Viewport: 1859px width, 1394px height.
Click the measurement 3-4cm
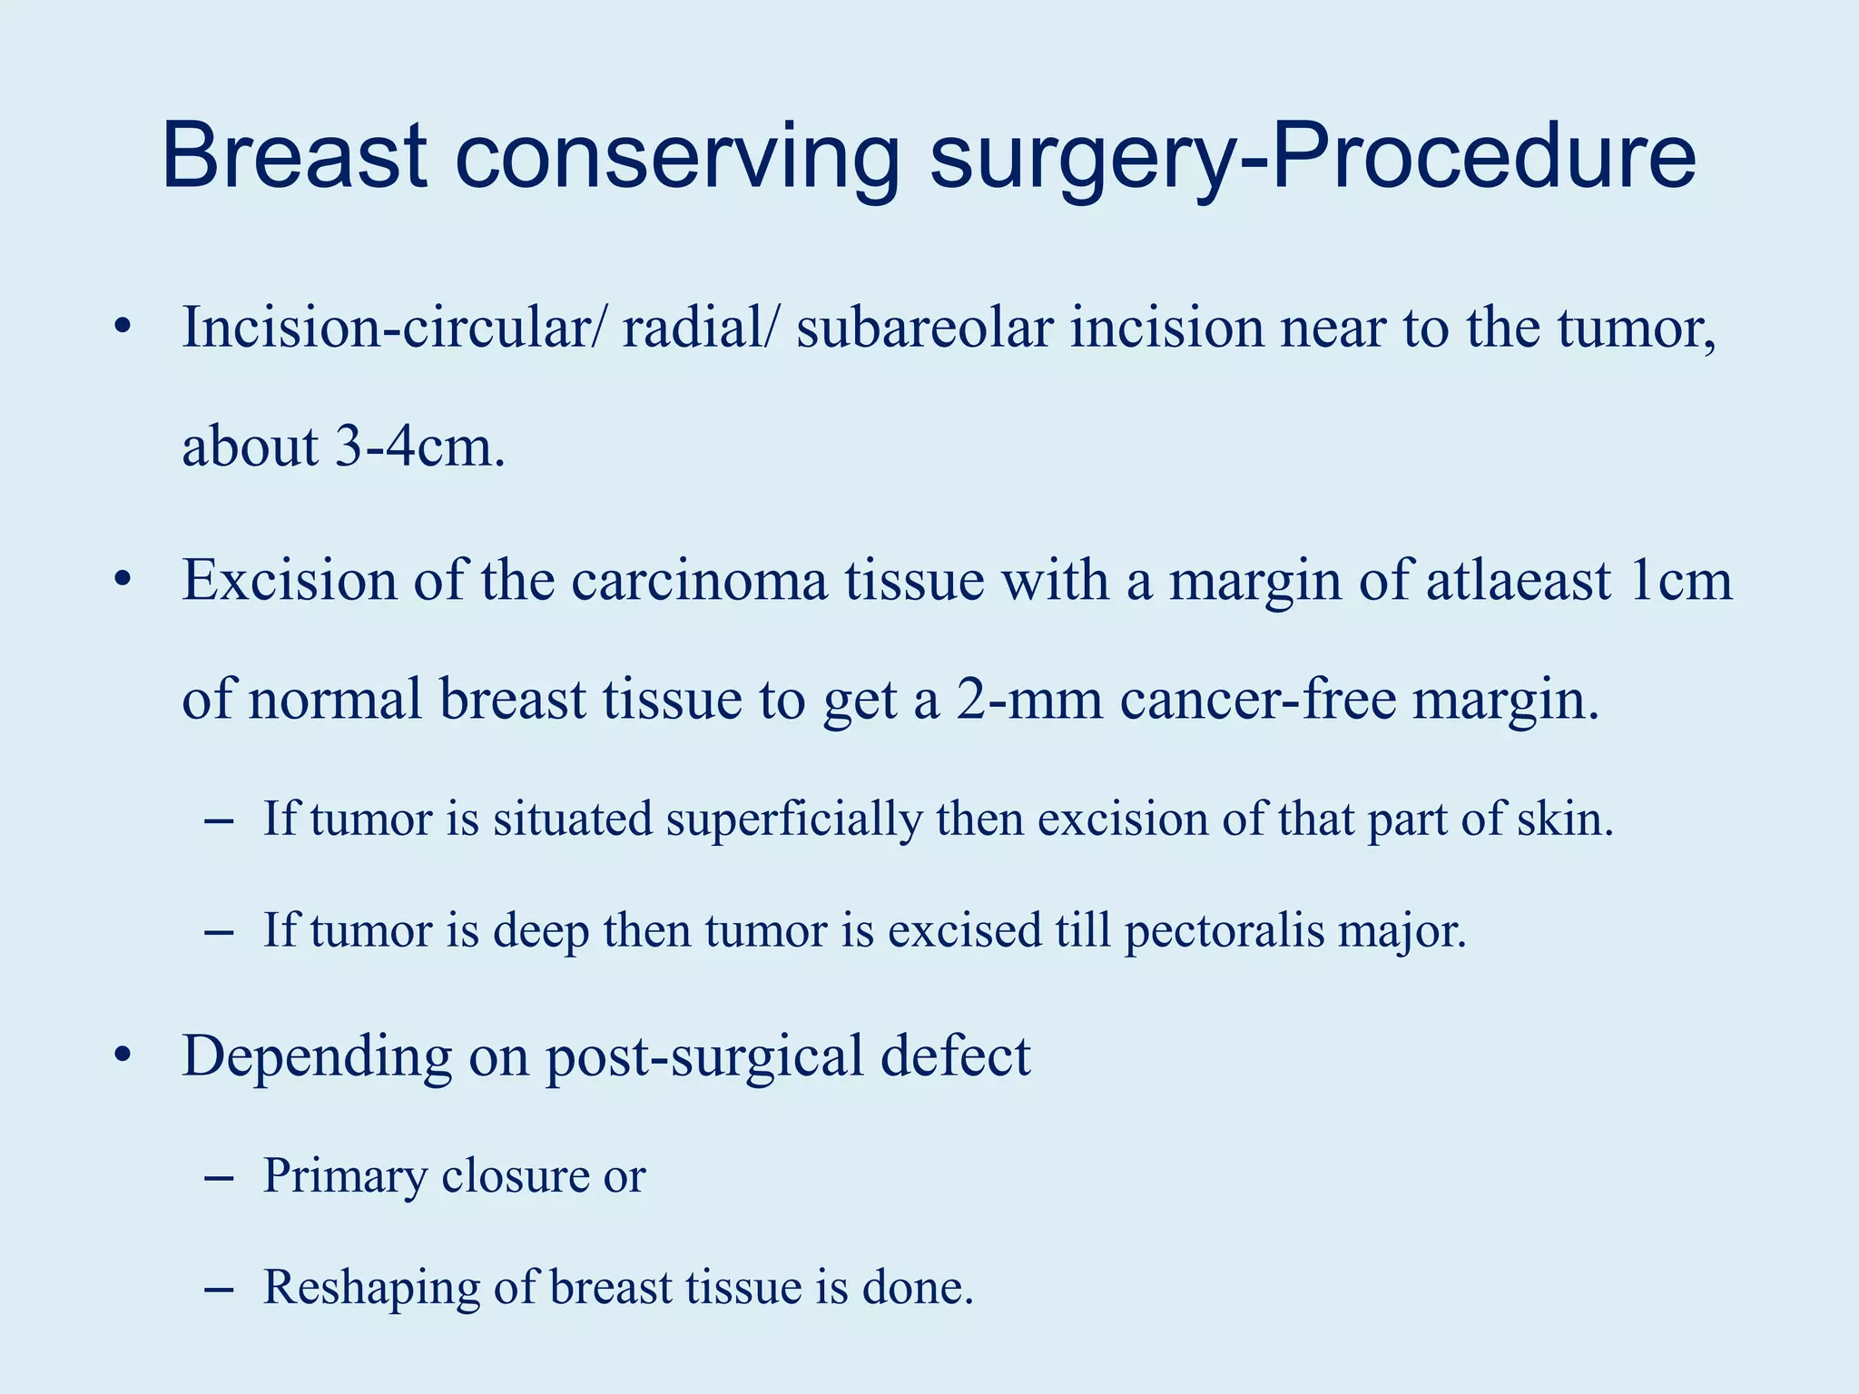(x=418, y=447)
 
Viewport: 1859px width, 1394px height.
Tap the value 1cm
(x=1680, y=581)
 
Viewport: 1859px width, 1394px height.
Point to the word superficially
(x=793, y=819)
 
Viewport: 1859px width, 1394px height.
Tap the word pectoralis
(x=1225, y=930)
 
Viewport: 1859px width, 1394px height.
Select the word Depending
(x=317, y=1057)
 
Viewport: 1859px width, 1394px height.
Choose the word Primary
(x=344, y=1176)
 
